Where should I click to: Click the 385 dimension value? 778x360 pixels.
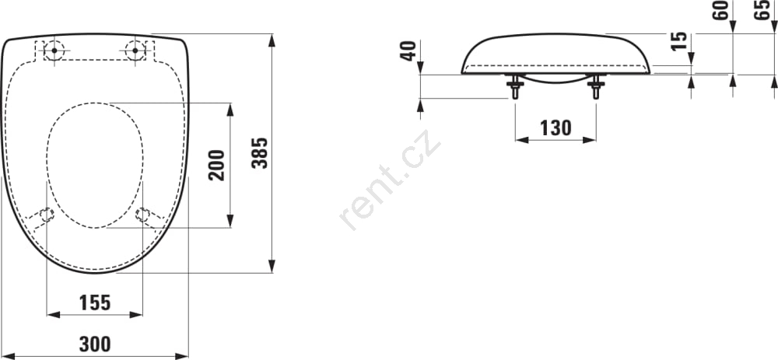(260, 152)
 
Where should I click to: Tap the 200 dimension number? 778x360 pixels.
(217, 165)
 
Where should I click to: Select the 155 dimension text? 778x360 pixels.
(95, 302)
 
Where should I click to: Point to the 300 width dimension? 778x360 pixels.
(95, 344)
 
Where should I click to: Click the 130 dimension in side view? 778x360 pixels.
(555, 128)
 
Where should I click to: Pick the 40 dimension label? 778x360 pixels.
(408, 51)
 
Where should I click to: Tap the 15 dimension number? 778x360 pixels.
(678, 40)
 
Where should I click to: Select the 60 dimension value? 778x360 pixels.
(720, 10)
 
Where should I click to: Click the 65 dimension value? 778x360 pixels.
(762, 10)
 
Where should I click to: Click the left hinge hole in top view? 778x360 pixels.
(54, 51)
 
